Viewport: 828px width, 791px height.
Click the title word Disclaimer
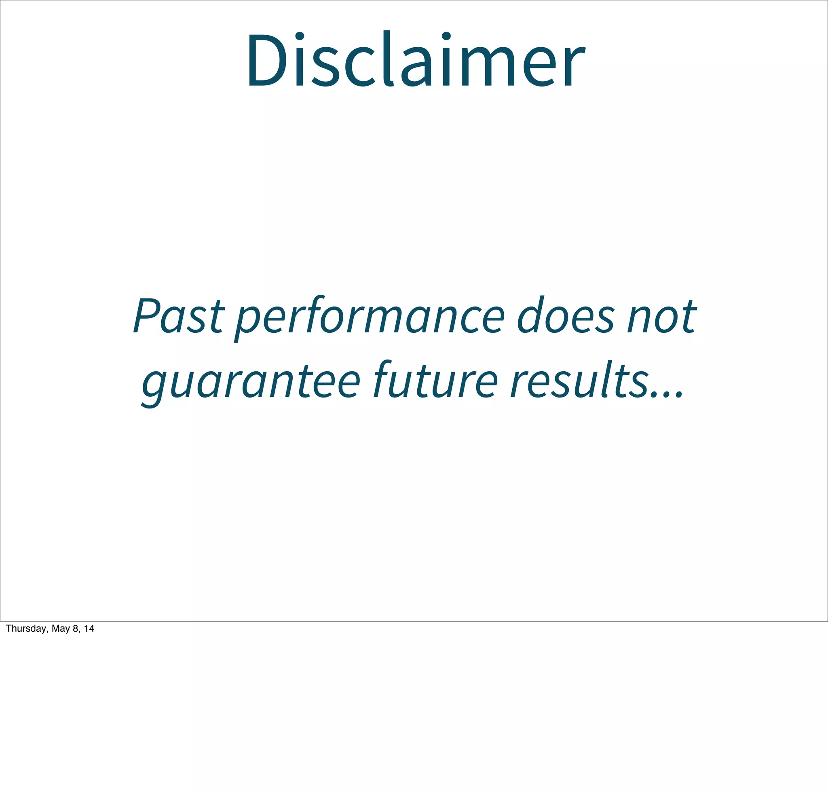pyautogui.click(x=415, y=60)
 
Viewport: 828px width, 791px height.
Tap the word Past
pyautogui.click(x=178, y=316)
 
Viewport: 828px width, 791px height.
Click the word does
pyautogui.click(x=565, y=316)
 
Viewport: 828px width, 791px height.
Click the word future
pyautogui.click(x=435, y=379)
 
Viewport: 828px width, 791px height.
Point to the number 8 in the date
pyautogui.click(x=75, y=629)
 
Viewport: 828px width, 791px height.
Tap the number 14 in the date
pyautogui.click(x=89, y=629)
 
